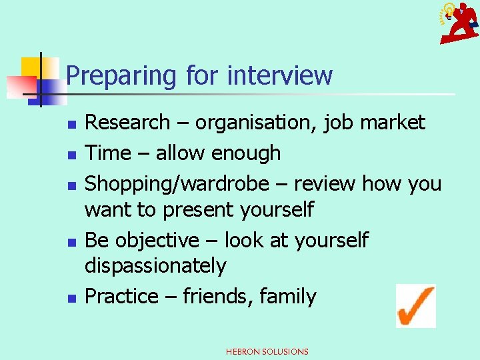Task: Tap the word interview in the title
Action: [279, 75]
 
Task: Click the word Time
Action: [107, 153]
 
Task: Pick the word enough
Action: [246, 153]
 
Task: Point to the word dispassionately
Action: [155, 266]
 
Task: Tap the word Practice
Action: [123, 296]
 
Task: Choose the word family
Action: [288, 296]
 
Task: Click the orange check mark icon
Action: [415, 305]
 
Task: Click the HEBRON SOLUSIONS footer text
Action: [267, 351]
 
